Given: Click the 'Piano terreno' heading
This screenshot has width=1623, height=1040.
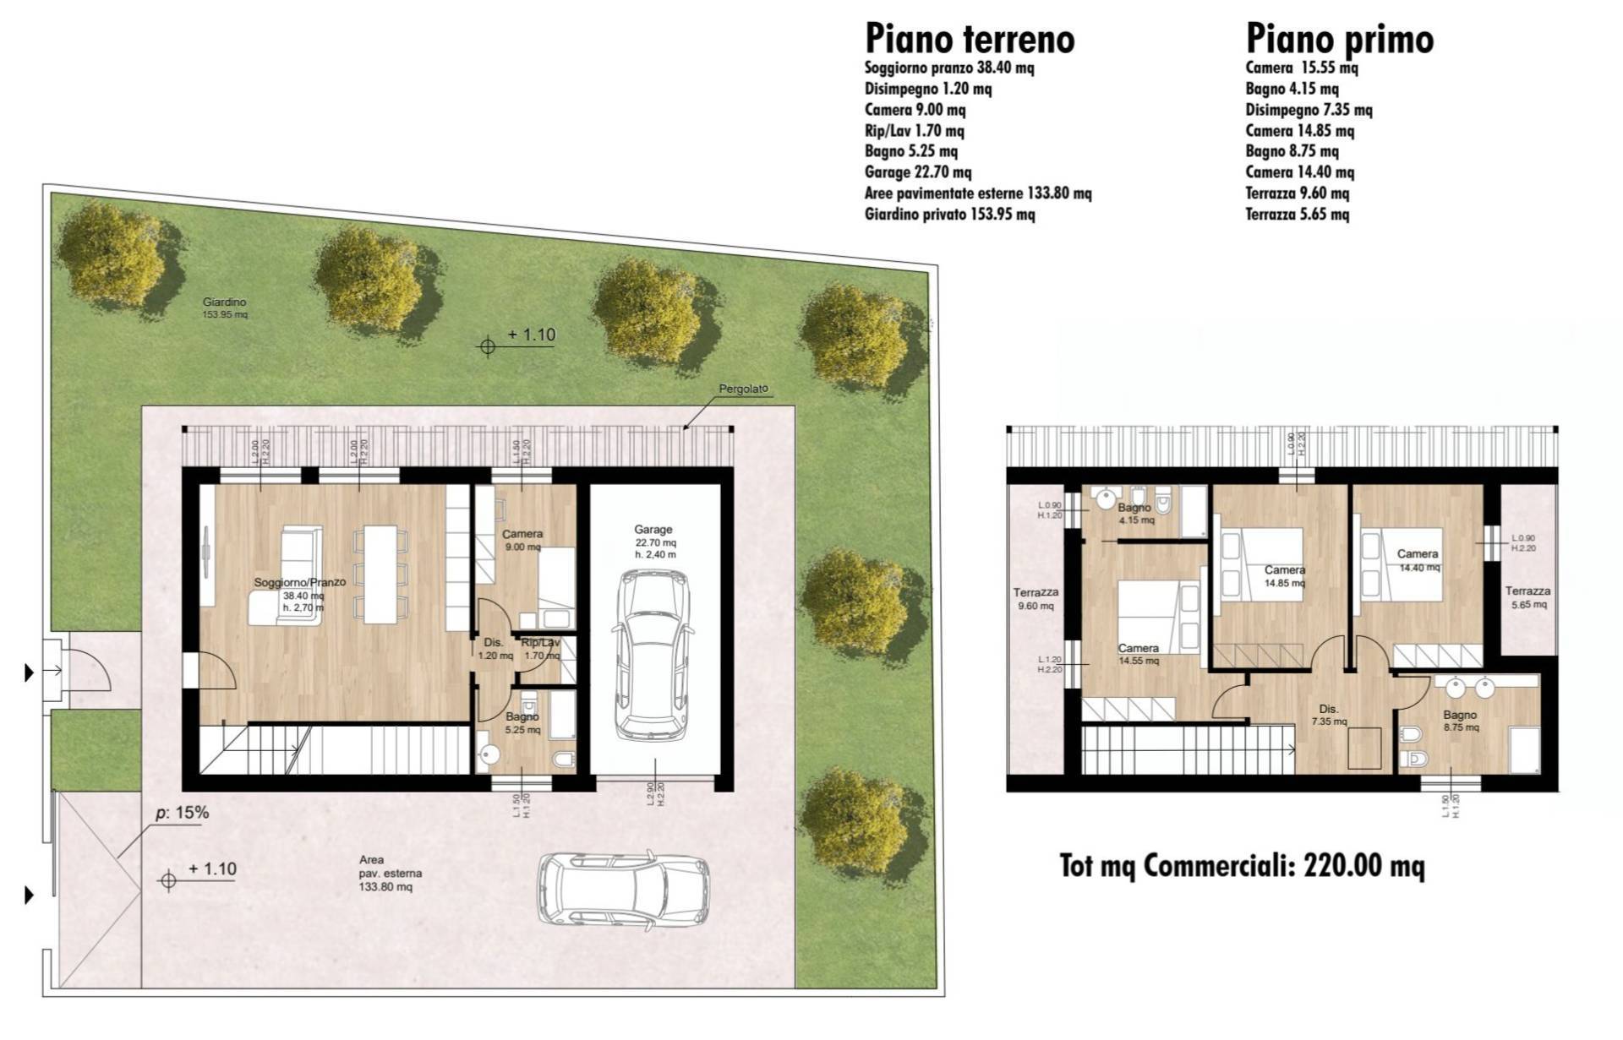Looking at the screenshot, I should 969,39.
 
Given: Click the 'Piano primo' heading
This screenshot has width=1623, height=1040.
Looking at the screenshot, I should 1339,39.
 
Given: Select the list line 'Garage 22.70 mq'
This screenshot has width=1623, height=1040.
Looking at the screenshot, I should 917,172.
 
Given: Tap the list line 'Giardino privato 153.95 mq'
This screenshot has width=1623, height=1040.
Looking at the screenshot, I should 948,215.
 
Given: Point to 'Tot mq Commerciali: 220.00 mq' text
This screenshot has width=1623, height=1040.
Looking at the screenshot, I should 1242,866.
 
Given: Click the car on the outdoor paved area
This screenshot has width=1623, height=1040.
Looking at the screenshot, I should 624,889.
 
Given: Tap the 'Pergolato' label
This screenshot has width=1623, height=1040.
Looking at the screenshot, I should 743,389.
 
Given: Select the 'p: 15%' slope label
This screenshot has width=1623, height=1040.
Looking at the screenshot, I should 182,814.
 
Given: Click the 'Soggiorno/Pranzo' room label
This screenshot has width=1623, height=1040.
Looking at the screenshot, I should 300,583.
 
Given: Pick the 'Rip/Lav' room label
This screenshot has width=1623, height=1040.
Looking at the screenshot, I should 540,643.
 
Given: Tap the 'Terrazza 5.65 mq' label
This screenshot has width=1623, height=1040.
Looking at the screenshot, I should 1527,597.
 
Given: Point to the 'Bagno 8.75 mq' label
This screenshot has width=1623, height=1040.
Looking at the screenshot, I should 1460,720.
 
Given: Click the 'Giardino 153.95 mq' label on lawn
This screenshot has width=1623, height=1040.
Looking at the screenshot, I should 224,308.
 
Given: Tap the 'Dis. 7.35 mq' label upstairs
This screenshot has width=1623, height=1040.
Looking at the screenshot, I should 1329,715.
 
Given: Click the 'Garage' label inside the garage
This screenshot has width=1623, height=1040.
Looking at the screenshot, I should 653,530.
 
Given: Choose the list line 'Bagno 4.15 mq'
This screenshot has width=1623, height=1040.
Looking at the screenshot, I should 1291,89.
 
